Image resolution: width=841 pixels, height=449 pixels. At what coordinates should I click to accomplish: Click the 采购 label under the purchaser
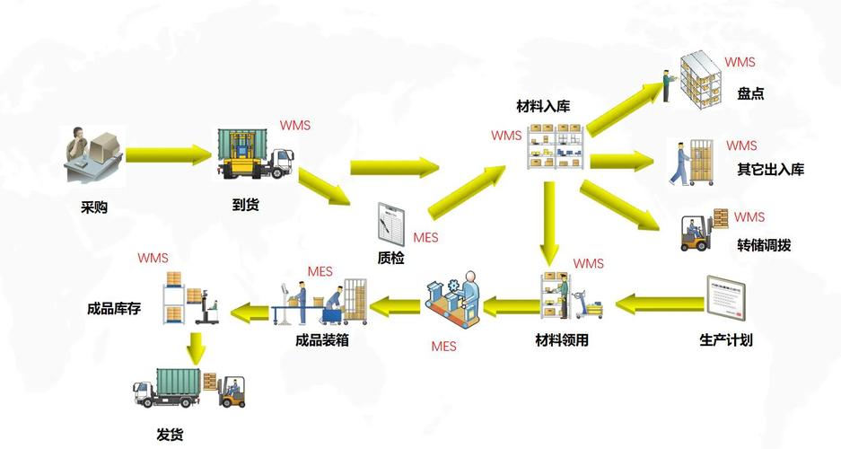pos(94,207)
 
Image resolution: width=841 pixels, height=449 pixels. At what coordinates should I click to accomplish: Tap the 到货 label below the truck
pos(245,205)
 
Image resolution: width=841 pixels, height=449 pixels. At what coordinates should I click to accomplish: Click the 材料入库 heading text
pos(543,107)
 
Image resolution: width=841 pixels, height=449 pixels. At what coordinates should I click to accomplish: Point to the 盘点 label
pos(750,93)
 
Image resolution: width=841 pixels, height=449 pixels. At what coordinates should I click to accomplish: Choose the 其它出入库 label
pos(770,169)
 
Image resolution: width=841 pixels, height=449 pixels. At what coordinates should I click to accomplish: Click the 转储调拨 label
pos(764,245)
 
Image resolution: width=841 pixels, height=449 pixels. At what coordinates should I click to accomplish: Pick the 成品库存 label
pos(114,308)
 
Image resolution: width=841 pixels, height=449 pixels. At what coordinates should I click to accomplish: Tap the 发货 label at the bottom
pos(170,435)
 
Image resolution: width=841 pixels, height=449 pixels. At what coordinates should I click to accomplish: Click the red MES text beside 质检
pos(425,238)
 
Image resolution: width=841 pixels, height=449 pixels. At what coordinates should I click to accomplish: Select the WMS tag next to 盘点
pos(740,63)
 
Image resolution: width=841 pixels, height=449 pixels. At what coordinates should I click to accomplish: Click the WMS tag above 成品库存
pos(153,258)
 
